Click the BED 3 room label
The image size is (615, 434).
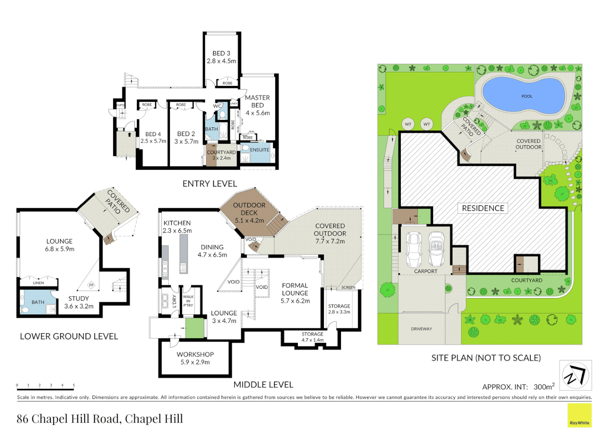click(x=221, y=53)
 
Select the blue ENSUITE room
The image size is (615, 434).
click(x=258, y=153)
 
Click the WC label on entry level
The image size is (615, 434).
click(x=217, y=106)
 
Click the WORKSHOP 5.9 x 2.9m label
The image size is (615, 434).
click(x=195, y=358)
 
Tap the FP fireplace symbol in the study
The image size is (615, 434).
click(x=91, y=285)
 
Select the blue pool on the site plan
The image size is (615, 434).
click(x=524, y=96)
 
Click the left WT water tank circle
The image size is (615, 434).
click(x=408, y=124)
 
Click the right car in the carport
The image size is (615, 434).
click(x=436, y=249)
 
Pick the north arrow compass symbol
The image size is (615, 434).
click(x=576, y=375)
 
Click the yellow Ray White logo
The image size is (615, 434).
click(x=579, y=415)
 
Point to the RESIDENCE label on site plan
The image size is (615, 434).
click(x=483, y=208)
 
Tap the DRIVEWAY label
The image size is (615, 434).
click(x=421, y=329)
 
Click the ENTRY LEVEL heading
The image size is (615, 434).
click(x=210, y=184)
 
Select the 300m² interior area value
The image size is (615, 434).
click(x=544, y=387)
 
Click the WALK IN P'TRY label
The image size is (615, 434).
click(x=188, y=301)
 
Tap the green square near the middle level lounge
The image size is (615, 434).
click(x=194, y=328)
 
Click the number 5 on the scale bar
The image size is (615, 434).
click(x=74, y=385)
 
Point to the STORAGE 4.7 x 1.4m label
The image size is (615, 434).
click(x=312, y=337)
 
